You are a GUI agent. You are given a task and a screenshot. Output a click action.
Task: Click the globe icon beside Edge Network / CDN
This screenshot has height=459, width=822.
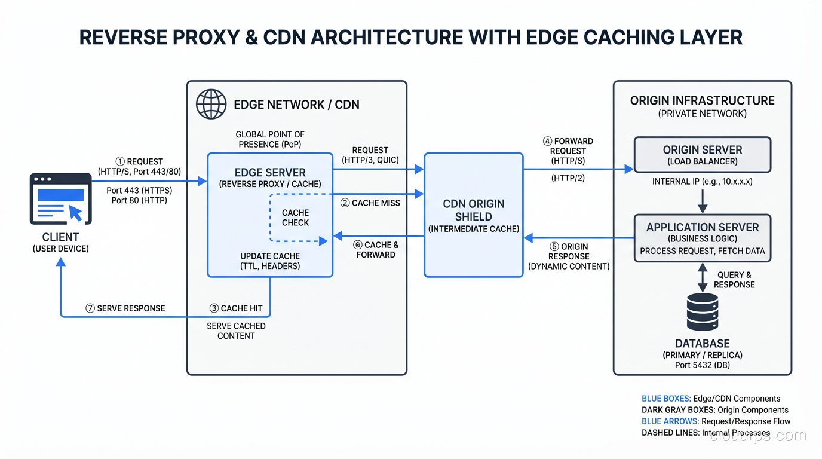point(211,105)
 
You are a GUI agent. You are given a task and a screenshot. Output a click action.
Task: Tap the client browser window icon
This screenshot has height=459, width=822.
point(60,198)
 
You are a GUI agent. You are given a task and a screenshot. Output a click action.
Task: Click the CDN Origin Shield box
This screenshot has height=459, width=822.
point(474,215)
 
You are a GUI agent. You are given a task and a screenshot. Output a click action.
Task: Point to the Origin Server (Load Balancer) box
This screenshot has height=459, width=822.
point(703,155)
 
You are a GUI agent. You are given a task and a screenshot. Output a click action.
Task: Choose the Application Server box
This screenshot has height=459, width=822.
point(703,238)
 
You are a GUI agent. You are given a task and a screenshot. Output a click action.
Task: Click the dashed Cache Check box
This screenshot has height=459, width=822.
point(296,218)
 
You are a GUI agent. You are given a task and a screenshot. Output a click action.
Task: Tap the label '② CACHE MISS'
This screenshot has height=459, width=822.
point(370,203)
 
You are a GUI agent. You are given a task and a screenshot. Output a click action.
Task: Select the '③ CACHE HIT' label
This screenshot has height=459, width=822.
point(236,308)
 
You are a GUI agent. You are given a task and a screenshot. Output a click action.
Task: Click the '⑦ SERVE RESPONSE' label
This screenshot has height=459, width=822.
point(125,308)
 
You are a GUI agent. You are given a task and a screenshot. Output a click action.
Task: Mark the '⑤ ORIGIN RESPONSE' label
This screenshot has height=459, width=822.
point(568,256)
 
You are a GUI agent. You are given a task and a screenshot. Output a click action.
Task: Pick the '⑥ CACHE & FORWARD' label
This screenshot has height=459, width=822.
point(375,250)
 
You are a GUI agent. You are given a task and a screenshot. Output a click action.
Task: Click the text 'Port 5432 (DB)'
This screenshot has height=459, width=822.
point(703,365)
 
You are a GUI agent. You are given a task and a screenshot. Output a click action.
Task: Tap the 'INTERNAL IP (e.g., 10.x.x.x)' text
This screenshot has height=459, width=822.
point(702,182)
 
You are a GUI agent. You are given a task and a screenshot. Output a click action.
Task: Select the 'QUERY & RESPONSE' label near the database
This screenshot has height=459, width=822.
point(734,280)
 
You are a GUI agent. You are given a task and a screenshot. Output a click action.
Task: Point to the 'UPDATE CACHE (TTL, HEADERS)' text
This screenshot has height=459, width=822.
point(270,261)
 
